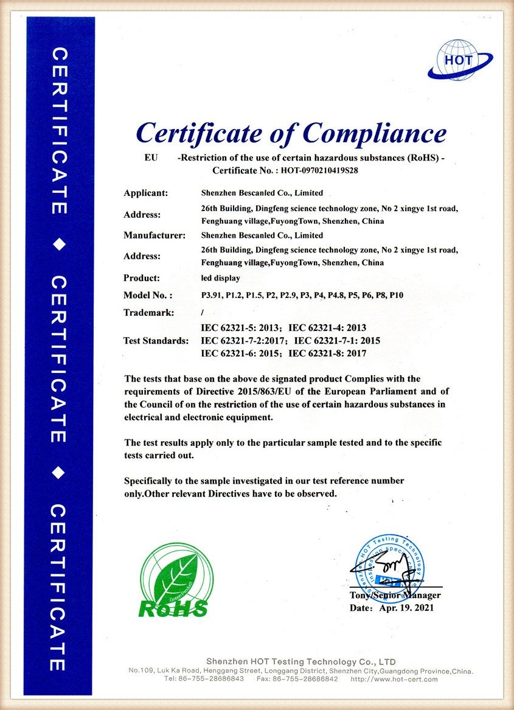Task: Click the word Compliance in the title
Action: pos(375,133)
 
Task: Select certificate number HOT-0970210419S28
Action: pos(316,171)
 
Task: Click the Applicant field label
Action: pos(145,193)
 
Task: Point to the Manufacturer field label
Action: pos(154,235)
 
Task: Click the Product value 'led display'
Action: pos(220,278)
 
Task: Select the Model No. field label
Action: pos(148,295)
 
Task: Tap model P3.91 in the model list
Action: pos(211,295)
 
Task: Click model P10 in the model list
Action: pos(397,295)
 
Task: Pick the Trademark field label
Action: pos(149,313)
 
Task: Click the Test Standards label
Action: pos(156,341)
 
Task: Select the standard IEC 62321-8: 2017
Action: pos(327,352)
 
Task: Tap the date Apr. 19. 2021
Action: pos(406,608)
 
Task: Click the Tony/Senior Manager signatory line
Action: pos(395,595)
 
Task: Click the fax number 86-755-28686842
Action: pos(306,679)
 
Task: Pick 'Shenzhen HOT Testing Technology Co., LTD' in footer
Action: pos(300,661)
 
